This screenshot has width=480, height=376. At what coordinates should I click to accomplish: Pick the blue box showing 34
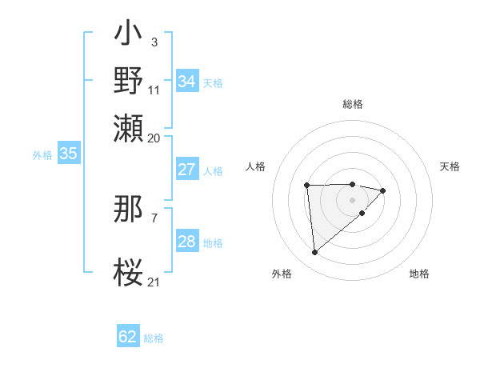(x=186, y=82)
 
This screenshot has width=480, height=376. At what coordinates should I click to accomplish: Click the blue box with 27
(x=186, y=170)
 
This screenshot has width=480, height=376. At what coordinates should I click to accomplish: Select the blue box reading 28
(x=186, y=242)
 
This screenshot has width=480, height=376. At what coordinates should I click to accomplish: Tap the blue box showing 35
(x=68, y=154)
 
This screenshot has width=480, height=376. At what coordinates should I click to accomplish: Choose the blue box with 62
(x=128, y=337)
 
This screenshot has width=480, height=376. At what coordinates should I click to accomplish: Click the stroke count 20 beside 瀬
(x=154, y=138)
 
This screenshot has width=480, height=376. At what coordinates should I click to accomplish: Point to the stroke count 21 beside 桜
(x=154, y=281)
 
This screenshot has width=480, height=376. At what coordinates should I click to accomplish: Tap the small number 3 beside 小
(x=154, y=41)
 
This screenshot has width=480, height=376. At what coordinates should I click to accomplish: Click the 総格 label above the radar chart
(x=352, y=104)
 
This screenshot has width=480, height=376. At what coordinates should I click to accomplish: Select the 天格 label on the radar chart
(x=450, y=166)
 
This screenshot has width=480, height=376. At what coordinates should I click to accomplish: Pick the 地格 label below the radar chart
(x=419, y=274)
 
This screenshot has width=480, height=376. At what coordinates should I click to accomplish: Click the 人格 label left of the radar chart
(x=255, y=166)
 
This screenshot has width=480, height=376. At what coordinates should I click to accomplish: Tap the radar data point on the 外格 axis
(x=314, y=253)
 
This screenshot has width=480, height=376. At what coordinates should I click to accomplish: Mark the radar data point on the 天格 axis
(x=383, y=190)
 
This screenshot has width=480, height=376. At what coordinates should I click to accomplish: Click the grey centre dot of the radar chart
(x=352, y=199)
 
